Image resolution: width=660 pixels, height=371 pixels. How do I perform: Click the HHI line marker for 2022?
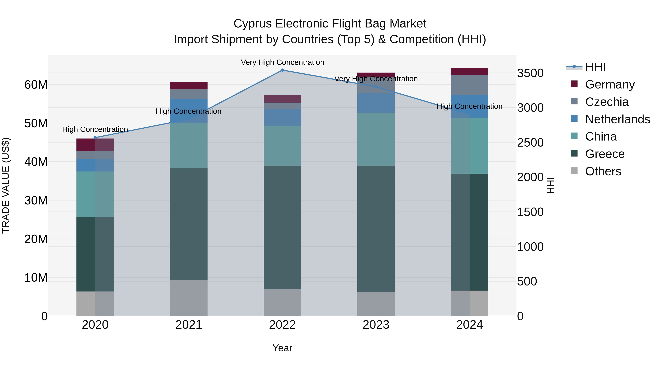point(282,70)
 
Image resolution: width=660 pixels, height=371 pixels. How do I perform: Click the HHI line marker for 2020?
point(95,138)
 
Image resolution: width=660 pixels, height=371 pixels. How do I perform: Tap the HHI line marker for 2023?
point(376,87)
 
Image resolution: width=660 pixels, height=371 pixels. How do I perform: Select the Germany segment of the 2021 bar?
point(189,86)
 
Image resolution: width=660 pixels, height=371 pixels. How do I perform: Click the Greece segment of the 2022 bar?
point(282,227)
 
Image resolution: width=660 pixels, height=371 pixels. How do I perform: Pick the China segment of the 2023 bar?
point(376,139)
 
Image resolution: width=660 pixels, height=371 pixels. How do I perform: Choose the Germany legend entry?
point(610,84)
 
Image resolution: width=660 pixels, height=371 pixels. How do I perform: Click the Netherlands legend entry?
point(617,119)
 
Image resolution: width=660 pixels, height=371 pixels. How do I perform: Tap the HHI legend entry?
point(595,67)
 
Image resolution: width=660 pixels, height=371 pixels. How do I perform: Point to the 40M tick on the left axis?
point(36,162)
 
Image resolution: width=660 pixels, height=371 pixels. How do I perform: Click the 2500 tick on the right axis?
point(530,143)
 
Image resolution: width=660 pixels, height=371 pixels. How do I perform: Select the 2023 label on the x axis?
point(376,325)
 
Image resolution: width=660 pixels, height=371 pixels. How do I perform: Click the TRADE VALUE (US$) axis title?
point(6,185)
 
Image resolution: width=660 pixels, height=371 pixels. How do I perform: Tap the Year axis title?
point(282,348)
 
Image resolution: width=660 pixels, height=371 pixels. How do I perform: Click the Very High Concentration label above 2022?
point(282,62)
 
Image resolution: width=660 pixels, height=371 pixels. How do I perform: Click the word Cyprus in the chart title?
point(252,24)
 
